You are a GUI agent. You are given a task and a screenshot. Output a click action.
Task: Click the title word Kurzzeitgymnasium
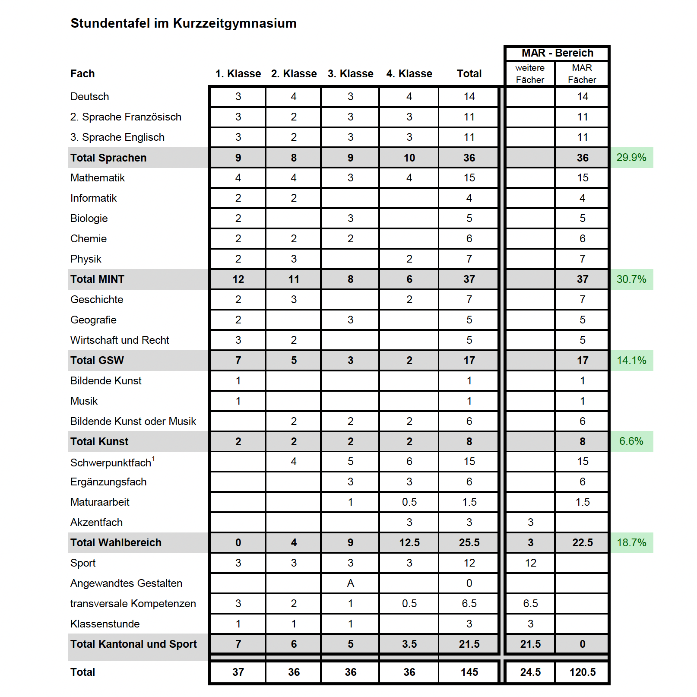234,23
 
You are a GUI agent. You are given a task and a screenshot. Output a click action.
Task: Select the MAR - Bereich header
557,53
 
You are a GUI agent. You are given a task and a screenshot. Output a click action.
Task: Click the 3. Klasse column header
350,74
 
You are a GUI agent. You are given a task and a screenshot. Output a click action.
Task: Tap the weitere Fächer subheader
530,74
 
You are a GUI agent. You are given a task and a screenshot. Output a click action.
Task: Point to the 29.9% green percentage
631,158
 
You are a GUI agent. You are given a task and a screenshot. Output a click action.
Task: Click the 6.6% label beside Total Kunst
631,441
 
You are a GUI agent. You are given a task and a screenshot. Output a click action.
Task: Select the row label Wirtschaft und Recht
120,340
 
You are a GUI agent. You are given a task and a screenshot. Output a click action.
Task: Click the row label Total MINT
97,279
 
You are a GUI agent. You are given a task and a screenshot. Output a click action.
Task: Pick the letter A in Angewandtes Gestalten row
350,583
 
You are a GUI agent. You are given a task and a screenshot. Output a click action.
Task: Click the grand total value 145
469,672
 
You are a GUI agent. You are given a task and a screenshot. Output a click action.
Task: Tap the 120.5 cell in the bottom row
582,672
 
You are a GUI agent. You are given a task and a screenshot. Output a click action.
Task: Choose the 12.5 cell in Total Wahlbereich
409,543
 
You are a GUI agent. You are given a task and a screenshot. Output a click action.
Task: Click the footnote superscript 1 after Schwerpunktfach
154,459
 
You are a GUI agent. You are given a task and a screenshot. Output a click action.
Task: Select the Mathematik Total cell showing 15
469,178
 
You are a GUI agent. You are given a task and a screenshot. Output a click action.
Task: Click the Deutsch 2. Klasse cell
294,97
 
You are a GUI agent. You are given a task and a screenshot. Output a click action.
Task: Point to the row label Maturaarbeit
100,502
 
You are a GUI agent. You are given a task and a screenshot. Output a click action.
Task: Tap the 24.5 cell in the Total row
530,672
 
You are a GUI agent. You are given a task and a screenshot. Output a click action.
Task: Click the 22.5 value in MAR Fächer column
582,543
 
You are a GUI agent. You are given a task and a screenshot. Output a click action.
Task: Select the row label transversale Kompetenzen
133,604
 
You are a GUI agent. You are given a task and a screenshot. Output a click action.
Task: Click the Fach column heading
82,74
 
